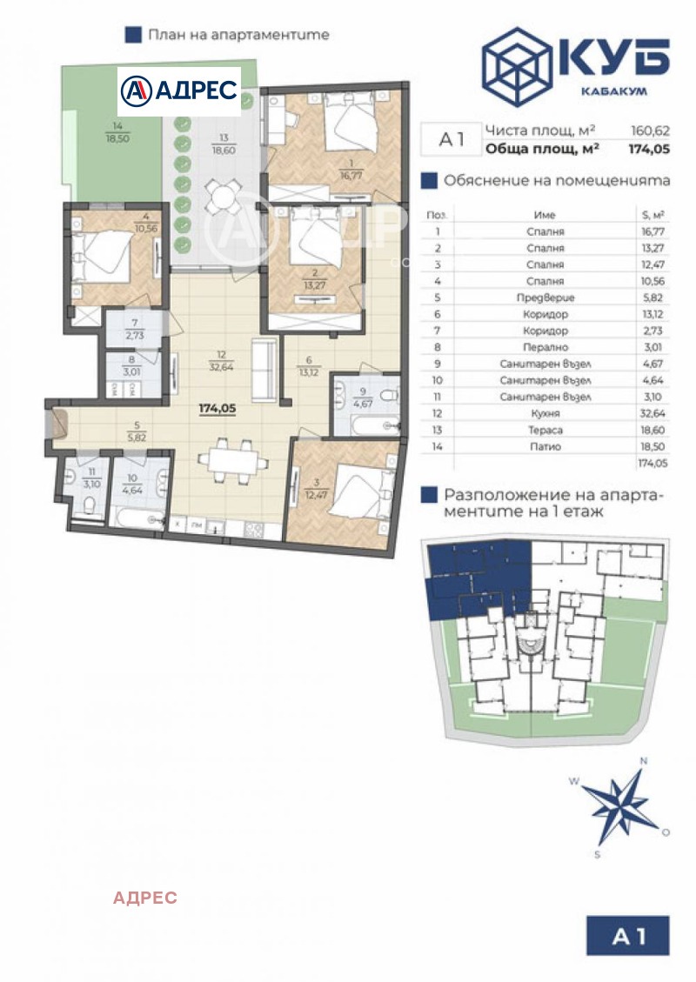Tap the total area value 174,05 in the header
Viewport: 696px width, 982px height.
tap(648, 149)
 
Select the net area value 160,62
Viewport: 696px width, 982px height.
tap(650, 130)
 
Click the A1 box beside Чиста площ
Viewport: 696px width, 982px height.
tap(450, 139)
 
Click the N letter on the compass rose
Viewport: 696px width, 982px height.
tap(643, 760)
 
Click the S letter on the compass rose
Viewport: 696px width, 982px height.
tap(598, 854)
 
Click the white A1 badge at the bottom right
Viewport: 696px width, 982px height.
tap(629, 936)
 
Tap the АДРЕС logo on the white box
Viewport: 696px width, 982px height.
tap(179, 90)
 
